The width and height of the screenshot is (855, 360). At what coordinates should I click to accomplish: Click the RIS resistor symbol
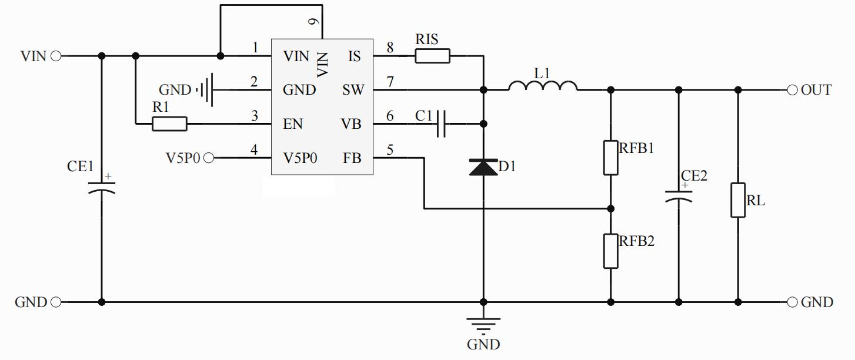click(432, 56)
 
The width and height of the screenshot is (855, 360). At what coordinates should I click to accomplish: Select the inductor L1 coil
click(542, 86)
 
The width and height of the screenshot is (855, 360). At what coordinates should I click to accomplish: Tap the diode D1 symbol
click(483, 168)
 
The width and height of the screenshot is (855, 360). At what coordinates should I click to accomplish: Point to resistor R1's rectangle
click(169, 124)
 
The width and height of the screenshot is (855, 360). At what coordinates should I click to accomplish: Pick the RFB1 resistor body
click(610, 158)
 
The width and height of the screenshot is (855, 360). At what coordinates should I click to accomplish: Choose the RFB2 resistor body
click(610, 251)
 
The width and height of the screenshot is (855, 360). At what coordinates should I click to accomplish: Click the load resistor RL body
click(738, 201)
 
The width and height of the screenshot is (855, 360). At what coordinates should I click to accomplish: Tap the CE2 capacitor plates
click(679, 196)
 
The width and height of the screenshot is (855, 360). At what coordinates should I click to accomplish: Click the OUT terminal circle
click(791, 90)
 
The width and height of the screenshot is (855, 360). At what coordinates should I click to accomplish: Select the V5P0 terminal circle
click(209, 158)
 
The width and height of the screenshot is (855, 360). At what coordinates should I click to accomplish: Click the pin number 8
click(389, 47)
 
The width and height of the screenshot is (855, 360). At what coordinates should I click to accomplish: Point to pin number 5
click(389, 149)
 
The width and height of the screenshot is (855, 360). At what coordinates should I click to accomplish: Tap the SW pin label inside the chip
click(353, 91)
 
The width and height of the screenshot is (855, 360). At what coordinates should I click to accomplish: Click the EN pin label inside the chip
click(293, 125)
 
